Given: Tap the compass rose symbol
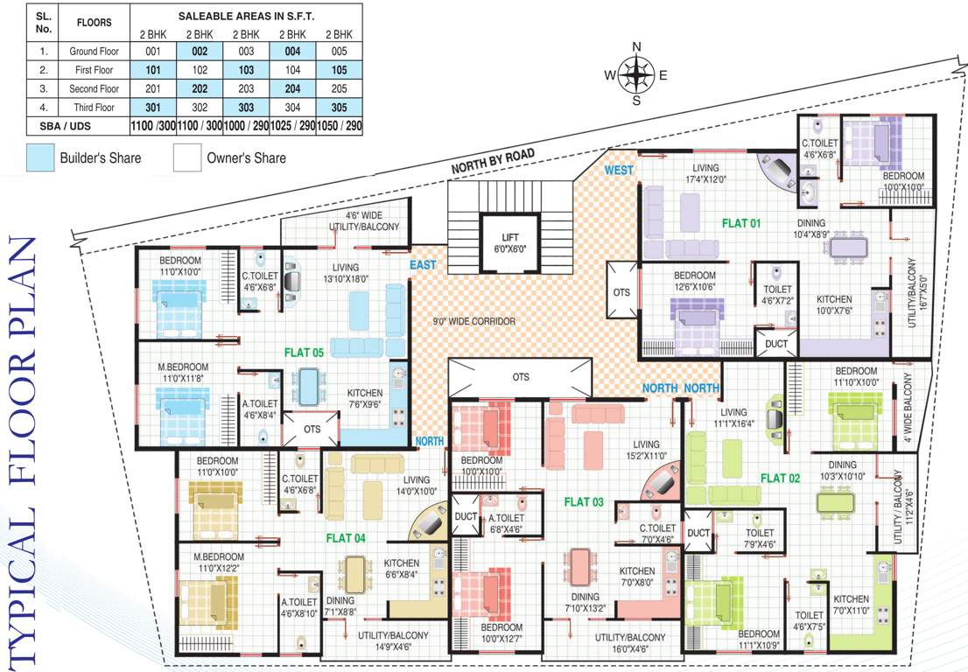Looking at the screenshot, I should (x=636, y=74).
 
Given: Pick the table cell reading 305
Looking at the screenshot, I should (x=340, y=108).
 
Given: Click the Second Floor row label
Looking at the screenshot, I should (x=94, y=88).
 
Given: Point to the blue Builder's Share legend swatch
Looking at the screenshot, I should (x=39, y=158).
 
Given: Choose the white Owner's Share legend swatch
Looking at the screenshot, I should (x=186, y=158).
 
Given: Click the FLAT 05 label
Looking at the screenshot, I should (x=304, y=352).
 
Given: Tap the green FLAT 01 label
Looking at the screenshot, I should (x=741, y=223).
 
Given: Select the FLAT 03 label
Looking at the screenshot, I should (x=584, y=501).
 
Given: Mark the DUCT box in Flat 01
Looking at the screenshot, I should (x=775, y=344).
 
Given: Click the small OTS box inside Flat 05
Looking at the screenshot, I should (x=312, y=430).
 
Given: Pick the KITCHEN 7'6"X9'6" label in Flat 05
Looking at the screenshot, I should (x=365, y=398).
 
